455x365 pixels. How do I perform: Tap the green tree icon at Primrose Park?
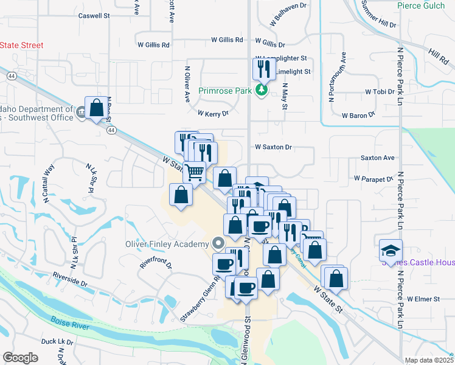(262, 91)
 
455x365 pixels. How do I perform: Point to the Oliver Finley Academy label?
(167, 244)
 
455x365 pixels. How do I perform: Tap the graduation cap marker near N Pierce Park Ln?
(390, 250)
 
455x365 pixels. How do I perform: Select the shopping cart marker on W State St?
(194, 172)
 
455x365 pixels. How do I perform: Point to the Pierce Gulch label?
(420, 5)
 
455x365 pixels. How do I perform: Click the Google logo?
(20, 358)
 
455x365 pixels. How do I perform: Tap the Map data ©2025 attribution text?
(429, 360)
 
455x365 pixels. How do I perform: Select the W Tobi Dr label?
(380, 92)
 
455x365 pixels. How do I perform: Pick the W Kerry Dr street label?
(213, 113)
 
